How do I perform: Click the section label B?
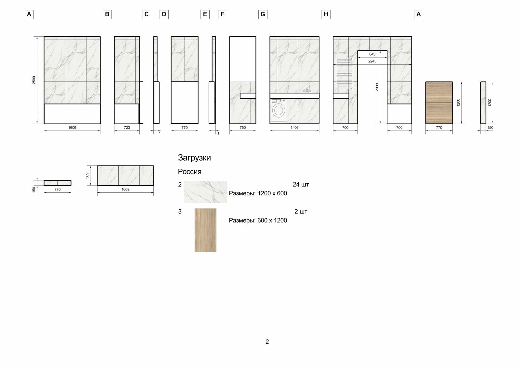coord(107,14)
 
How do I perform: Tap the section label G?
coord(263,14)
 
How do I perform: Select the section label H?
coord(326,14)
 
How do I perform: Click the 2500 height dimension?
coord(34,80)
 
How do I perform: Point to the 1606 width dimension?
coord(72,128)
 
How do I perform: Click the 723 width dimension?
coord(127,128)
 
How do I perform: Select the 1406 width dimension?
coord(294,128)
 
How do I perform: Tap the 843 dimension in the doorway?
coord(372,54)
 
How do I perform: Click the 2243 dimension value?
coord(372,61)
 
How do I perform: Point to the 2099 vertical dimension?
coord(377,87)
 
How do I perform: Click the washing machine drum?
coord(278,110)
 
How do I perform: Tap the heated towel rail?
coord(344,73)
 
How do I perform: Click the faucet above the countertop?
coord(307,90)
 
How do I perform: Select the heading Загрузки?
coord(194,158)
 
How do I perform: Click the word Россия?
coord(189,172)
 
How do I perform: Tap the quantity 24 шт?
coord(301,185)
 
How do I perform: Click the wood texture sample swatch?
coord(205,230)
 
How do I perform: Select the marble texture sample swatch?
coord(205,192)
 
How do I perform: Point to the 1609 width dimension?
coord(125,190)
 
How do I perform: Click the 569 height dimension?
coord(87,176)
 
